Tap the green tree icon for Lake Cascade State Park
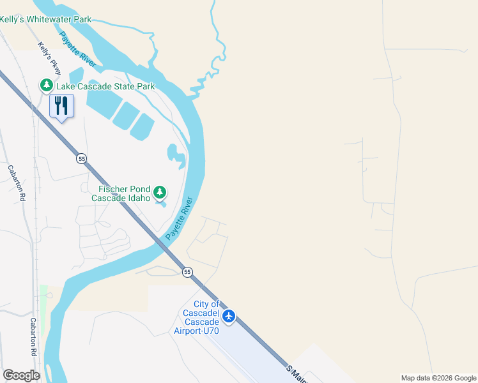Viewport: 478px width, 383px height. coord(47,85)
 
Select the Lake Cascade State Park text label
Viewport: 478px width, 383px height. coord(105,86)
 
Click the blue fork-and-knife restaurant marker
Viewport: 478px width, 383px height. coord(62,105)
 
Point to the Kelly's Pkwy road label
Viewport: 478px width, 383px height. coord(49,58)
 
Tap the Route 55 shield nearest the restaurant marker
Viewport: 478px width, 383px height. coord(81,158)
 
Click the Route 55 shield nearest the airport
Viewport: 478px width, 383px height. coord(187,272)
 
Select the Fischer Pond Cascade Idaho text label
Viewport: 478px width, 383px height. coord(124,193)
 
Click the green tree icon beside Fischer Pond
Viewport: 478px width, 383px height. coord(160,192)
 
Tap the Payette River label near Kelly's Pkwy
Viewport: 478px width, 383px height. coord(78,49)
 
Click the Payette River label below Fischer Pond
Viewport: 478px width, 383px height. coord(180,218)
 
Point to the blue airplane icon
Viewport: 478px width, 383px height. coord(229,316)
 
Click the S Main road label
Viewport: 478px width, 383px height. coord(297,374)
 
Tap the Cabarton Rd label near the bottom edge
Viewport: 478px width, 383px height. coord(33,336)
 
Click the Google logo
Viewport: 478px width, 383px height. coord(21,375)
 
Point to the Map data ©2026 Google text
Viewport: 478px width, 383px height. coord(438,378)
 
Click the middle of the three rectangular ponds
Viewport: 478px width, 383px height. coord(125,116)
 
